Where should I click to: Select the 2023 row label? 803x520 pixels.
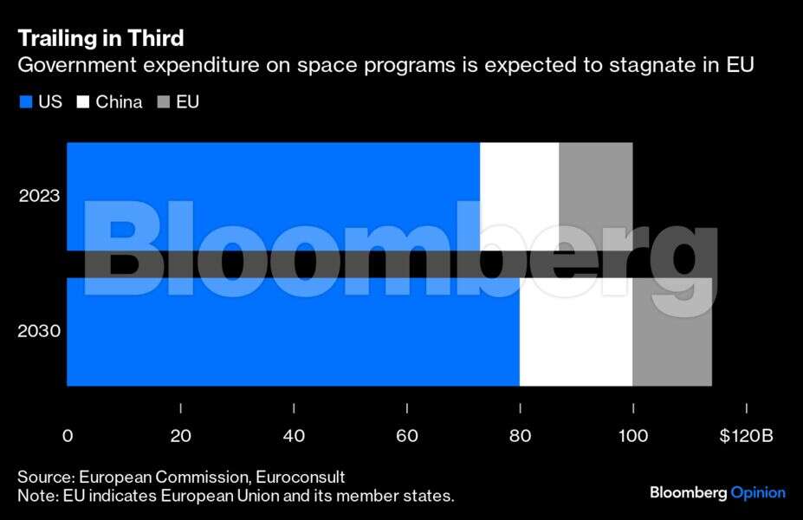[x=40, y=196]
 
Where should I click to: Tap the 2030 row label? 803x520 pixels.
[x=40, y=331]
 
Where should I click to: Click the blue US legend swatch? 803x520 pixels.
[x=26, y=102]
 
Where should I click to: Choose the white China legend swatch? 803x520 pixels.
[x=83, y=102]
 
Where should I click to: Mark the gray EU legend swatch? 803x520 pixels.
[x=163, y=102]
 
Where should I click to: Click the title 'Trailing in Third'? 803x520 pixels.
[x=100, y=38]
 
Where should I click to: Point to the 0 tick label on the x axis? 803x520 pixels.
[x=68, y=436]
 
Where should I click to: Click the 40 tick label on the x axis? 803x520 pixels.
[x=294, y=436]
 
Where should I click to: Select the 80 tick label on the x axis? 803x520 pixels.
[x=520, y=436]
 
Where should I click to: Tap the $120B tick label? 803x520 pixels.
[x=746, y=436]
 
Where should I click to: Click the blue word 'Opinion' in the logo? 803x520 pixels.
[x=758, y=492]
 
